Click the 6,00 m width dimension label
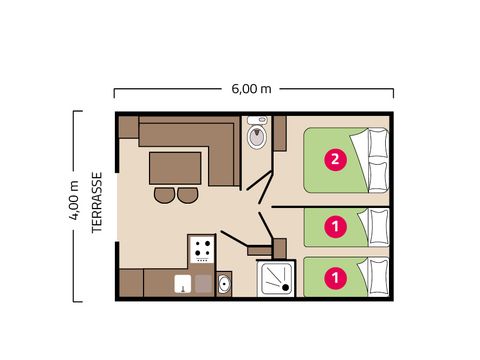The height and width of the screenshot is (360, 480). pos(252,88)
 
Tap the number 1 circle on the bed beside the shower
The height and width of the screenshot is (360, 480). pos(337,276)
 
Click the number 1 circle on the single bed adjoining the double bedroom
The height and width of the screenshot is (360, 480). pos(337,227)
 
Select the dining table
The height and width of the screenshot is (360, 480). pos(176,167)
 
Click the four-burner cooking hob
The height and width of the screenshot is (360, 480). pos(202,249)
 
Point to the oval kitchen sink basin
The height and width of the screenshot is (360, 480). pos(224,285)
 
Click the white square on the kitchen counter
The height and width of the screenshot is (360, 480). pos(182,284)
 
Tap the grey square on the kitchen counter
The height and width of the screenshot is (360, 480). pos(203,284)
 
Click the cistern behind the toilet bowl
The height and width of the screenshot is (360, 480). pos(256,124)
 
